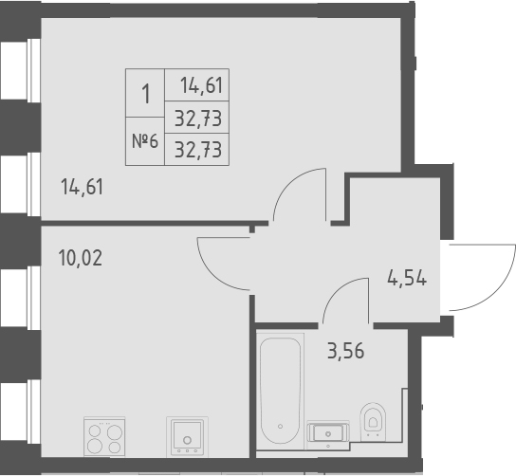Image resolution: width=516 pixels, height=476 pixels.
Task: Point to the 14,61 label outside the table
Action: (82, 186)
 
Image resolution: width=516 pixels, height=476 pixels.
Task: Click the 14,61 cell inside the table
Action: (199, 86)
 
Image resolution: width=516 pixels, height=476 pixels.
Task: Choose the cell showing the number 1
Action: (145, 94)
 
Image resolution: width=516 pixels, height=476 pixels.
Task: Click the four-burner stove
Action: (104, 438)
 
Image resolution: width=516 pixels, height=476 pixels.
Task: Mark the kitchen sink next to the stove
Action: (188, 439)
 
